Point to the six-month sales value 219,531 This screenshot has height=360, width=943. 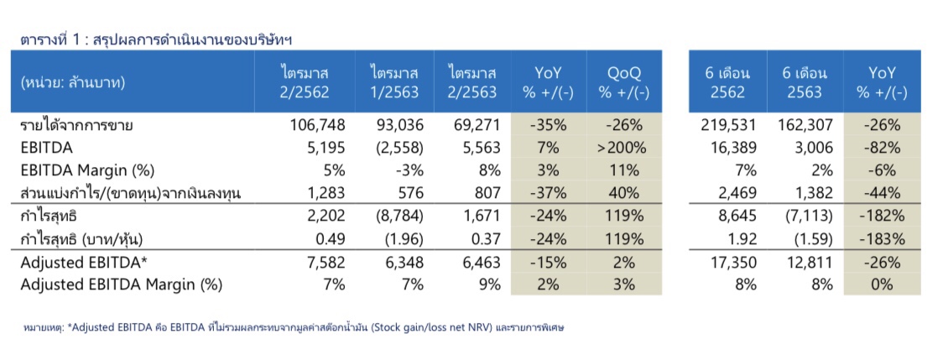[728, 126]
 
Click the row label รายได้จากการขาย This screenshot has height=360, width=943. [77, 126]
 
